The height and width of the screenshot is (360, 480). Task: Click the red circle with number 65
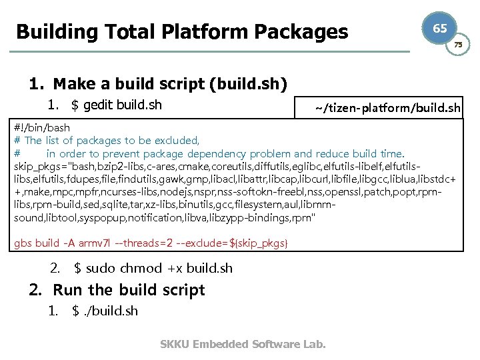439,28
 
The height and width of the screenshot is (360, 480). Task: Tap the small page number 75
457,44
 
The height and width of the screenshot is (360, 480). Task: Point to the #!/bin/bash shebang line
42,127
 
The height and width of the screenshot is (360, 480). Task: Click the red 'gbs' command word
24,243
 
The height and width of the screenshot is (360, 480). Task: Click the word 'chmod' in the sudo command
141,268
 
